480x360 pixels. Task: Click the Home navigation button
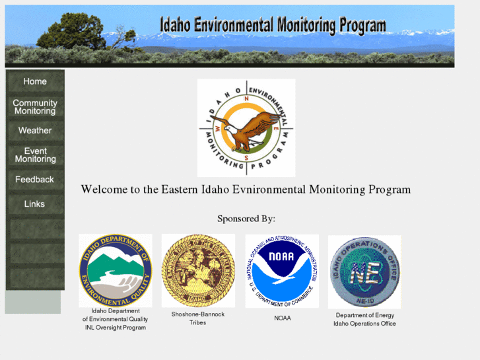(35, 82)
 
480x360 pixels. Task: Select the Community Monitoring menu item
(35, 107)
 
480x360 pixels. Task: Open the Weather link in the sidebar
(35, 131)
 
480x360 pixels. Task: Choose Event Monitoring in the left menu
(35, 155)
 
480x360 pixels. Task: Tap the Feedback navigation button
(35, 180)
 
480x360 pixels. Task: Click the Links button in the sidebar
(35, 204)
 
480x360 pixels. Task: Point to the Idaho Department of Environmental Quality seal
(116, 270)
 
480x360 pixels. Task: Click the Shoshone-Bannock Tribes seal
(197, 270)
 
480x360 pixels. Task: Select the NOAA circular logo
(282, 271)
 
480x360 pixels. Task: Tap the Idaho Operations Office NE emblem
(364, 271)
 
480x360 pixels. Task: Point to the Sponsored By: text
(246, 219)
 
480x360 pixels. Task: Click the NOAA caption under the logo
(283, 318)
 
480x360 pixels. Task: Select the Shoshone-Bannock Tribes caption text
(198, 318)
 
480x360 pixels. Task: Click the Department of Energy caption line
(365, 315)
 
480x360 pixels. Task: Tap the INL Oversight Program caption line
(116, 328)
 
